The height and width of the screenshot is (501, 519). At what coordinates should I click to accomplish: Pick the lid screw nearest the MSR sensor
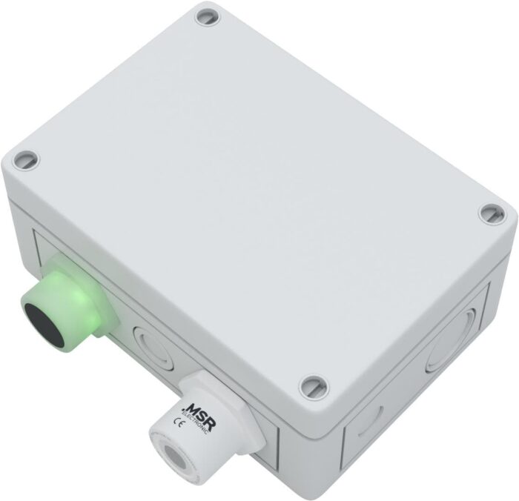click(312, 385)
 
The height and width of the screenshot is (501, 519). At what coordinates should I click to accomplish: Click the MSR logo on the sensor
click(197, 412)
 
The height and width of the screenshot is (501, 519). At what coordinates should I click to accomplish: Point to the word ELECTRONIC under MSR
click(195, 420)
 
